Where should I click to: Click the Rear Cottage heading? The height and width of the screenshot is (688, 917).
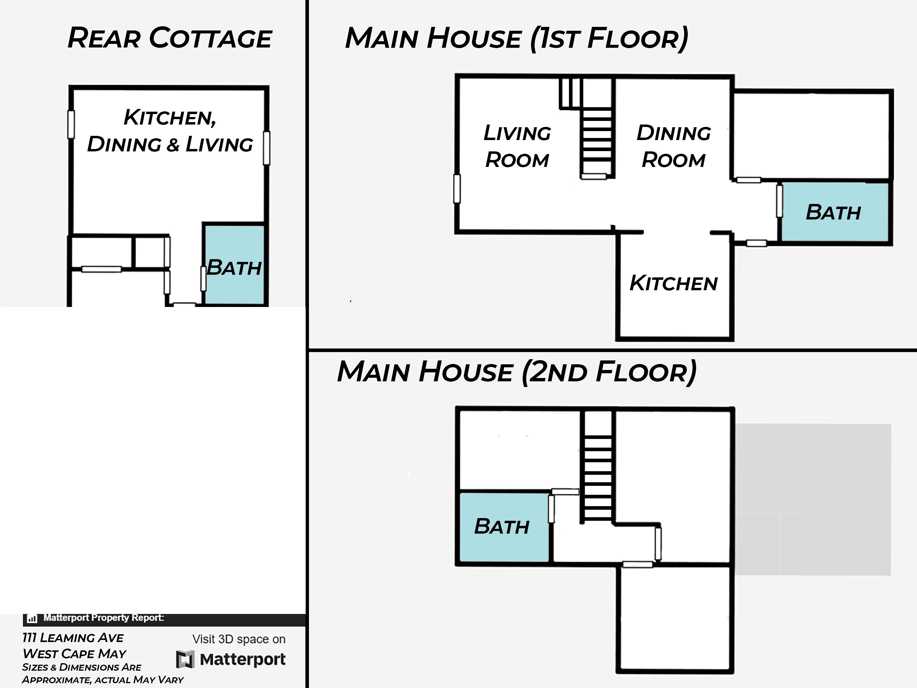(x=169, y=38)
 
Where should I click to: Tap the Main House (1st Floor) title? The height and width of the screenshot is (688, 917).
(x=516, y=39)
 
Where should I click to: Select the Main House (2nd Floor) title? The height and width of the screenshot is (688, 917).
(x=516, y=371)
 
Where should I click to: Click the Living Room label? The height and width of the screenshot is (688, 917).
(x=517, y=146)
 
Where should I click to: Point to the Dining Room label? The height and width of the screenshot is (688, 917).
(x=674, y=146)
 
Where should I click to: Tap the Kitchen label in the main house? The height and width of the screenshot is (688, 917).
(x=674, y=283)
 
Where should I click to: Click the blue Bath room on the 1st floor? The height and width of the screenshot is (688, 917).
(x=834, y=212)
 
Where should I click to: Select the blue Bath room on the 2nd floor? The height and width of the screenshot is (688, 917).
(x=504, y=527)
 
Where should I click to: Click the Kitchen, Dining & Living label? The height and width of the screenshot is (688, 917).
(x=170, y=130)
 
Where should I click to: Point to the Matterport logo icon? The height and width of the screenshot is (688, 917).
(x=185, y=659)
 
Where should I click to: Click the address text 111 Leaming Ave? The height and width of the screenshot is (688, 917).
(x=73, y=638)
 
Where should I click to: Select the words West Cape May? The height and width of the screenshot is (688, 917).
(x=74, y=654)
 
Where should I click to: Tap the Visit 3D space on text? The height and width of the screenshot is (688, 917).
(x=239, y=639)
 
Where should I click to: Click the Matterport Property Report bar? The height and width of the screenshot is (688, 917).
(x=164, y=620)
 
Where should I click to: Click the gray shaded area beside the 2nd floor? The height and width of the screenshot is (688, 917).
(x=813, y=499)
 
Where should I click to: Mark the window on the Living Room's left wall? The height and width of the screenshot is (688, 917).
(x=457, y=189)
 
